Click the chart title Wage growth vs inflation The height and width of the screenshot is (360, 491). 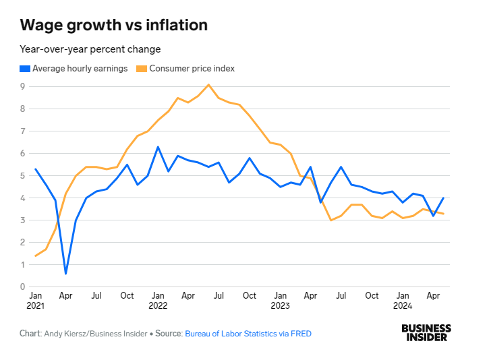[x=113, y=26]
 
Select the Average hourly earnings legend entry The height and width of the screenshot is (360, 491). [x=80, y=68]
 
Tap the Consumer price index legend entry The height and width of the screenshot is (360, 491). [x=192, y=68]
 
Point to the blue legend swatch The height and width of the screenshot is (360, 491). [x=25, y=68]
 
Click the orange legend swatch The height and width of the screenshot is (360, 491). [x=141, y=68]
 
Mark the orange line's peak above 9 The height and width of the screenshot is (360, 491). [x=208, y=84]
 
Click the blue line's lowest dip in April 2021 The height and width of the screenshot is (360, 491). [x=65, y=273]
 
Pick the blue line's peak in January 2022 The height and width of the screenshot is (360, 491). [x=158, y=147]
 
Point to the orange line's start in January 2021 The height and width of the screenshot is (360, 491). [x=35, y=256]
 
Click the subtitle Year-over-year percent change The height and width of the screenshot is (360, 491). [x=90, y=49]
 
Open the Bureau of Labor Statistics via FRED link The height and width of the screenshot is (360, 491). [x=248, y=333]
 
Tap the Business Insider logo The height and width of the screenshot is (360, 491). [x=426, y=332]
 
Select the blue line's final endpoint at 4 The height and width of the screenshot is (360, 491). [x=443, y=198]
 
